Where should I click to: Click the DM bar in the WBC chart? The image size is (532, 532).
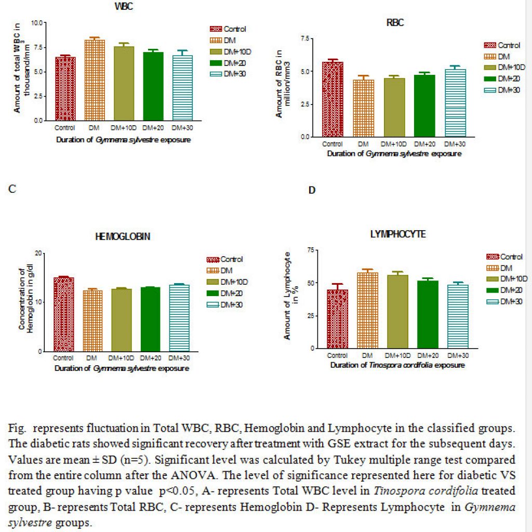(95, 80)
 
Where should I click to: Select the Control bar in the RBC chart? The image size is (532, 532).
(332, 99)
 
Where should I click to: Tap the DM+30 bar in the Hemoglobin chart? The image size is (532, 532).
(179, 318)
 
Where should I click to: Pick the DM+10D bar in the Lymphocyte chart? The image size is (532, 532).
(397, 312)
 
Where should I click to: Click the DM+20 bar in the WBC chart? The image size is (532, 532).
(153, 86)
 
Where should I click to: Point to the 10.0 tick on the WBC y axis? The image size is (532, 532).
(37, 23)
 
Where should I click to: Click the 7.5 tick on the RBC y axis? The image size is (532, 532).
(304, 38)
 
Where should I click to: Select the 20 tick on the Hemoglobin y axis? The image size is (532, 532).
(38, 253)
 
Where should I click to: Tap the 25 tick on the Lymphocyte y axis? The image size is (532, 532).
(311, 316)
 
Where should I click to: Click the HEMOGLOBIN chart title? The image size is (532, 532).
(123, 236)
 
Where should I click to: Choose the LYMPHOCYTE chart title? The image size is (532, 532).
(397, 234)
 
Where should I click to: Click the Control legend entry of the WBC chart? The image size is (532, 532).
(228, 29)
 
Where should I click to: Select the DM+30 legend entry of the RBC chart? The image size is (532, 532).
(502, 90)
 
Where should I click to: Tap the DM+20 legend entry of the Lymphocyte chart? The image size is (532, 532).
(504, 290)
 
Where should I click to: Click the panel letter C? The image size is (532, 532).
(12, 189)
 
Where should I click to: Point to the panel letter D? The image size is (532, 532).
(312, 190)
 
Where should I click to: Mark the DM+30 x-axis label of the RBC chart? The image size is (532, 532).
(455, 144)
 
